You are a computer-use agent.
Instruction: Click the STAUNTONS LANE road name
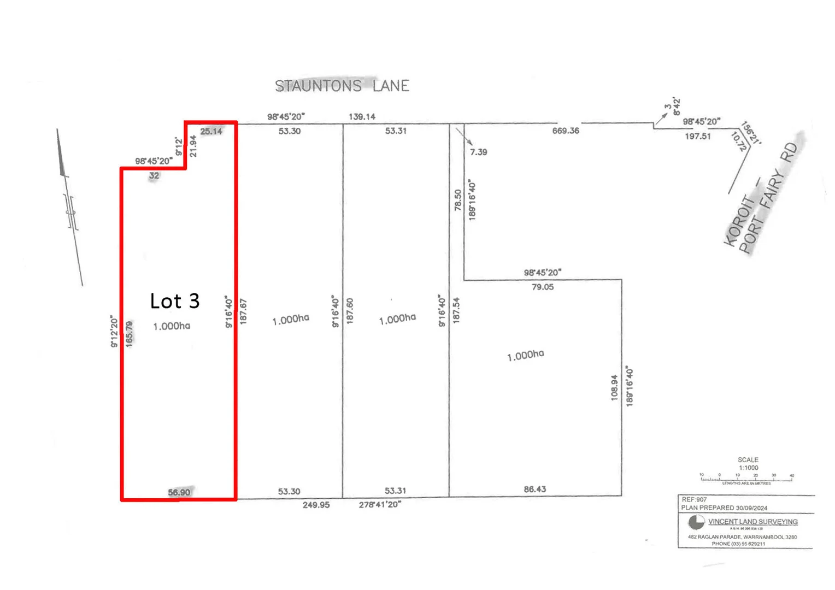tap(342, 86)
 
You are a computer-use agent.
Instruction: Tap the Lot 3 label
tap(175, 301)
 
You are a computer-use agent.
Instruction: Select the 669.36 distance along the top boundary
tap(566, 131)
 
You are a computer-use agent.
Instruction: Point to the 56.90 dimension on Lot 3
tap(179, 492)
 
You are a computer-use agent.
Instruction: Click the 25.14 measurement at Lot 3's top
tap(211, 131)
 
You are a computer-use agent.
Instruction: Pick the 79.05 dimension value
tap(543, 287)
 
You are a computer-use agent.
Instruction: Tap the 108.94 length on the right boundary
tap(614, 387)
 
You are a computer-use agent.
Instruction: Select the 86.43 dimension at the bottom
tap(534, 489)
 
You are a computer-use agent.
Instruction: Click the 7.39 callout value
tap(478, 152)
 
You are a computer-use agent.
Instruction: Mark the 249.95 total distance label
tap(316, 505)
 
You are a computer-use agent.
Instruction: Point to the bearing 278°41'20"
tap(380, 504)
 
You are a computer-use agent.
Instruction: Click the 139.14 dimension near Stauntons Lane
tap(362, 117)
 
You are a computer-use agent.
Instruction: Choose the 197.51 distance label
tap(698, 136)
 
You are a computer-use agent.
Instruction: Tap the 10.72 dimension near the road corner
tap(738, 141)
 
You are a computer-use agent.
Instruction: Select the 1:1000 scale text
tap(748, 468)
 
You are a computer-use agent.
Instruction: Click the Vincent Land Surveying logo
tap(696, 522)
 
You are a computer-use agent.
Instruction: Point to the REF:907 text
tap(694, 499)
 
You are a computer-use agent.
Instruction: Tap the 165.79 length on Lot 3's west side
tap(130, 333)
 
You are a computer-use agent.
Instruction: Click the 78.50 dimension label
tap(458, 200)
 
